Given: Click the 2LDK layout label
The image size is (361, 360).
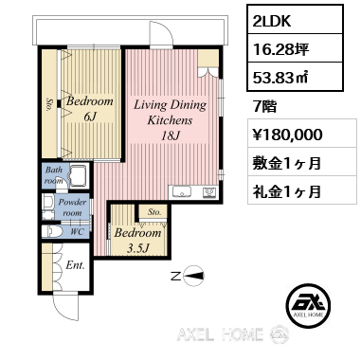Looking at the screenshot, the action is (x=272, y=21).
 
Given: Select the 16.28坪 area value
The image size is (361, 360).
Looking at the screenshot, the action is (x=280, y=49).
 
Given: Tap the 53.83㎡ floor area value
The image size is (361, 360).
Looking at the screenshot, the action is (x=280, y=78).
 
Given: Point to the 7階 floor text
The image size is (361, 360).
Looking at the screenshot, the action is (x=264, y=106).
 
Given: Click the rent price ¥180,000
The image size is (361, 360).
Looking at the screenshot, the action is (x=287, y=135).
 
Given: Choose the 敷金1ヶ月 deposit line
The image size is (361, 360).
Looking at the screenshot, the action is (x=286, y=163).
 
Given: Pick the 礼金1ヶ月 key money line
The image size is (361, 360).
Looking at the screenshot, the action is (x=286, y=190).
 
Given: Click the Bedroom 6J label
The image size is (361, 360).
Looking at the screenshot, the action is (x=90, y=109).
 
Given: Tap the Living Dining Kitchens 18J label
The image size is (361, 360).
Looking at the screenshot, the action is (x=170, y=120).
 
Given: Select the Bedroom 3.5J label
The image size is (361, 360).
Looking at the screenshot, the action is (x=137, y=241).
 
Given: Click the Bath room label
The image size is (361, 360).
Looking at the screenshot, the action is (x=54, y=175).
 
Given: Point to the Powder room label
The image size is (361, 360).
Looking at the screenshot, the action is (x=72, y=207).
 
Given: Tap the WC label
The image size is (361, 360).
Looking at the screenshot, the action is (x=77, y=232).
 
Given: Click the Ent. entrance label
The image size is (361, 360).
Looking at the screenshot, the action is (x=75, y=265).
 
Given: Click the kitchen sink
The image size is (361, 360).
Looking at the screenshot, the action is (x=182, y=192).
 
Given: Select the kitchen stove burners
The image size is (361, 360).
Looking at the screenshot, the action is (x=209, y=192).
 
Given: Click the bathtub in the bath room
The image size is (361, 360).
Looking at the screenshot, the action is (x=78, y=175).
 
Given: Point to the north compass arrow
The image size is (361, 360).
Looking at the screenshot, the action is (x=192, y=277).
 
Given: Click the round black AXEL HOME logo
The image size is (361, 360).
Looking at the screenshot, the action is (x=308, y=305).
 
